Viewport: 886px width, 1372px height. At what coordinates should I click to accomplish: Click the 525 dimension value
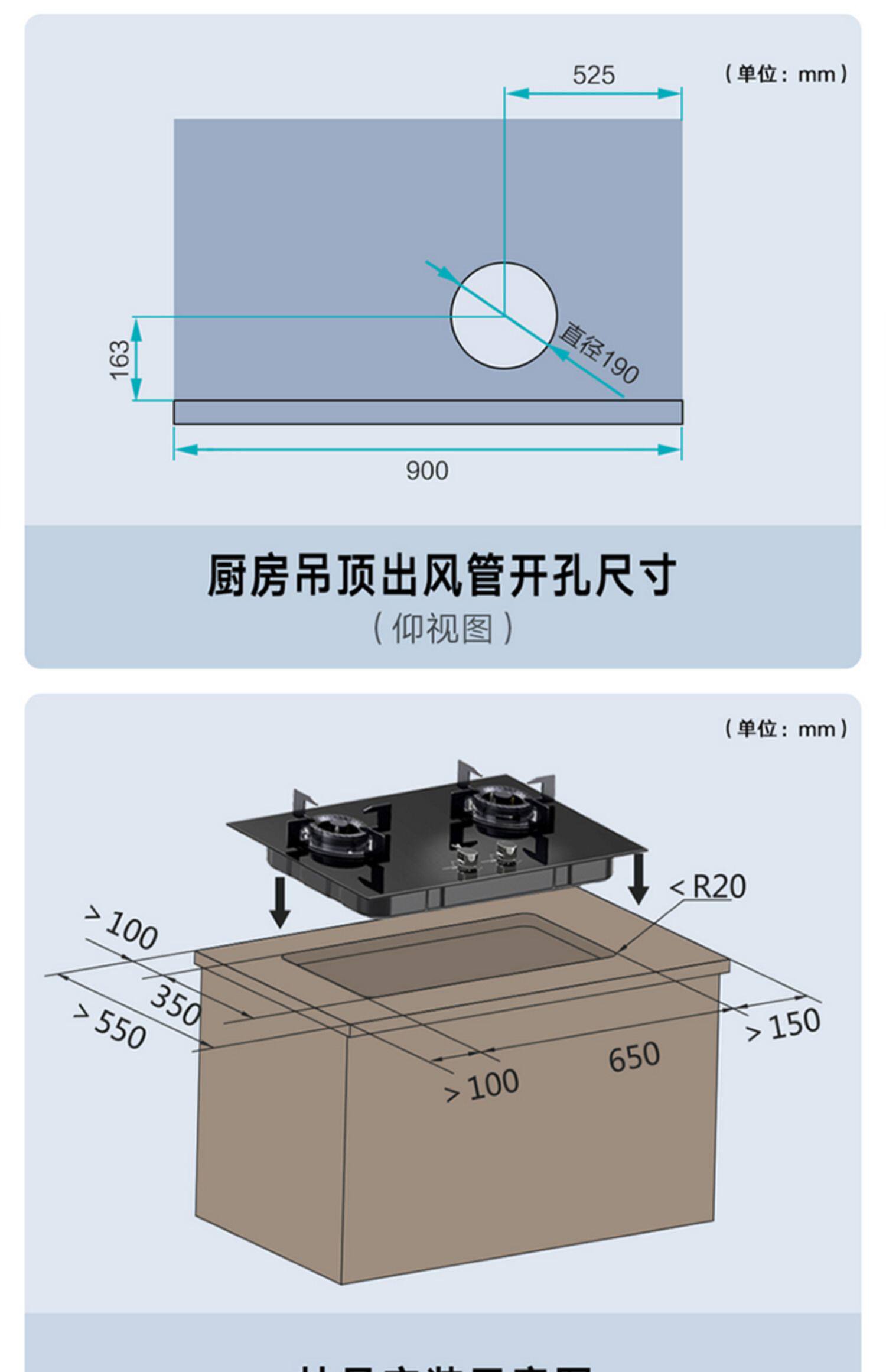click(x=593, y=76)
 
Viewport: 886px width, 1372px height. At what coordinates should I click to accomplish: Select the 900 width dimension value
click(x=426, y=471)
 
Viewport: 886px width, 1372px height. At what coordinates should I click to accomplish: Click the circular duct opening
click(x=504, y=316)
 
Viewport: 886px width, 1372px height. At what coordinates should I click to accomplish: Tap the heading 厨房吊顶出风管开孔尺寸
click(x=442, y=575)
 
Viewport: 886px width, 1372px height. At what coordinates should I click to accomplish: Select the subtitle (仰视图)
click(x=442, y=628)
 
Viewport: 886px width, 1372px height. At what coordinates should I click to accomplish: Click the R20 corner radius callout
click(x=709, y=886)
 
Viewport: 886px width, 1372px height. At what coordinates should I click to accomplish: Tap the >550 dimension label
click(x=110, y=1028)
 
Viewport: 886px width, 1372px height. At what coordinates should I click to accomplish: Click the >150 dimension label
click(x=783, y=1025)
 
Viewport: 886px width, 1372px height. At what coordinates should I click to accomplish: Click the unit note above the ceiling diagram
click(x=786, y=74)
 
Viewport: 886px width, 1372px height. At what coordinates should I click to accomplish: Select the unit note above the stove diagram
click(x=786, y=729)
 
